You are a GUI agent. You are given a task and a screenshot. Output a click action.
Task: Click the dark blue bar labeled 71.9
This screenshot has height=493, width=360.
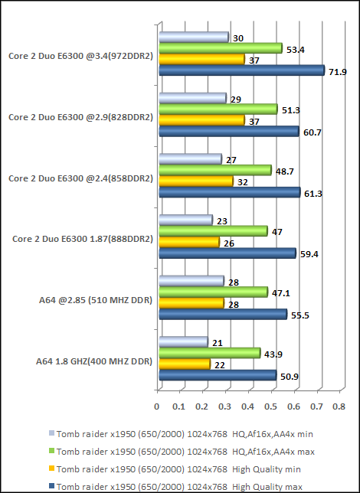point(241,70)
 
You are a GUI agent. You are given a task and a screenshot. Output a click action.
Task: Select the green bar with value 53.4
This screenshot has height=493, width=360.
point(220,48)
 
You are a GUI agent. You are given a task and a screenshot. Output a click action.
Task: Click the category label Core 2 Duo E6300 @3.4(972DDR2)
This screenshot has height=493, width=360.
point(80,55)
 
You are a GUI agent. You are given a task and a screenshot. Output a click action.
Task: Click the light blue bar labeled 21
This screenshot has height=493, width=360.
point(182,341)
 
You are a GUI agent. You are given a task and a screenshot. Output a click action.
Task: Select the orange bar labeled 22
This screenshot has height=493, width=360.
point(184,364)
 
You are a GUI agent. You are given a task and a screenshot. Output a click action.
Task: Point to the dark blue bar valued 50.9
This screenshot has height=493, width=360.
point(217,375)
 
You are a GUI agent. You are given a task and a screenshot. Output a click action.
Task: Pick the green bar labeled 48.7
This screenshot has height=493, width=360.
point(214,170)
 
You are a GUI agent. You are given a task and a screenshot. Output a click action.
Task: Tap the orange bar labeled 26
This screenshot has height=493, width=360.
point(188,242)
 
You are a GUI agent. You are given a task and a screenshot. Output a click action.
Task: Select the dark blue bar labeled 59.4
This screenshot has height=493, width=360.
point(227,253)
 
